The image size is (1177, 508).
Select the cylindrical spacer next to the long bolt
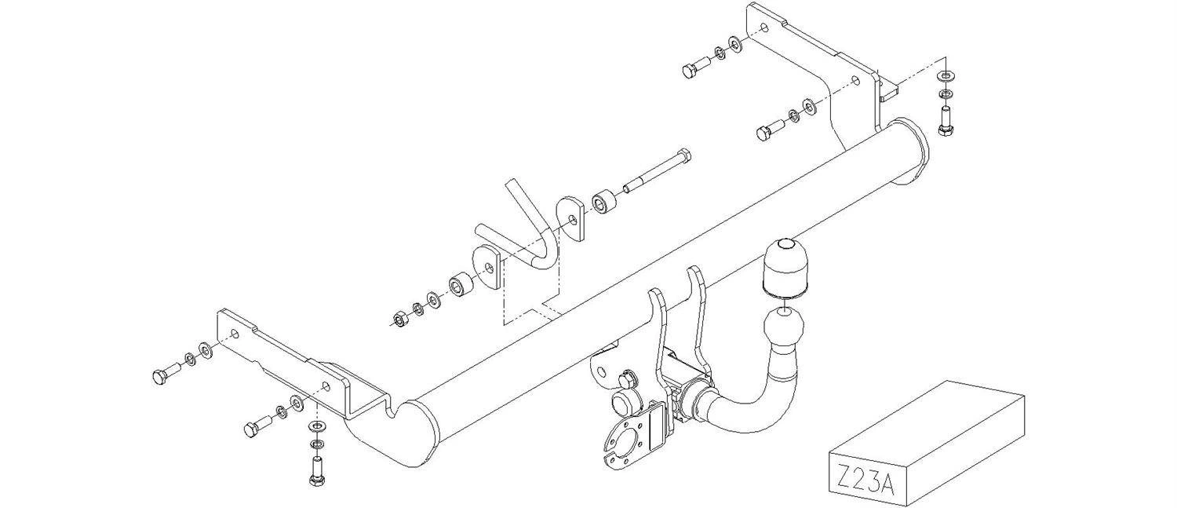[x=603, y=203]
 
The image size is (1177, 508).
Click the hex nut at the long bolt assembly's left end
[x=399, y=318]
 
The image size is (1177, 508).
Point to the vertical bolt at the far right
[x=946, y=122]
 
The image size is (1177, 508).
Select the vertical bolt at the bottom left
[x=316, y=470]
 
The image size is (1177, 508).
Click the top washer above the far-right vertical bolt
[x=946, y=76]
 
